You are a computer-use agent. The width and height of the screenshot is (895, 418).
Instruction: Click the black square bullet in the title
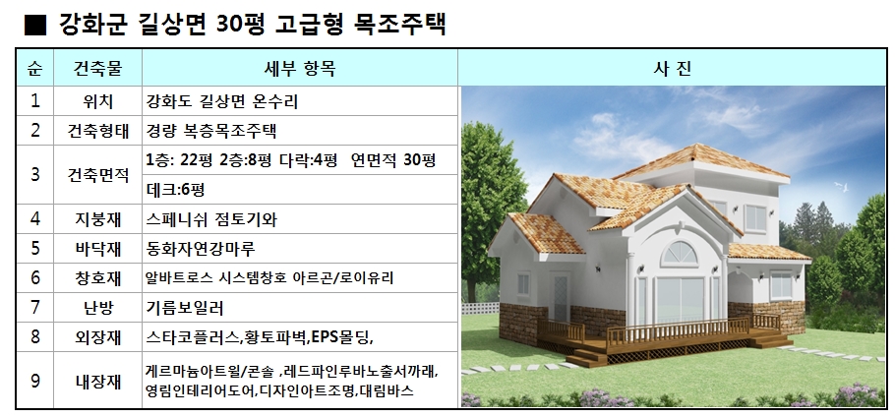[34, 26]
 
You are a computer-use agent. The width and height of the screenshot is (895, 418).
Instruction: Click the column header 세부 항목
[300, 69]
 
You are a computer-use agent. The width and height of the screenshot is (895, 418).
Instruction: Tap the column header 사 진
[672, 69]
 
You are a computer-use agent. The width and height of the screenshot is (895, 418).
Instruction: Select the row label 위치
[97, 101]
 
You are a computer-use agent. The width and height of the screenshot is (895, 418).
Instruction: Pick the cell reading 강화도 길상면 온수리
[222, 101]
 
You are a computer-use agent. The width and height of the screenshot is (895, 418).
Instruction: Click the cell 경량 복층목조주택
[211, 131]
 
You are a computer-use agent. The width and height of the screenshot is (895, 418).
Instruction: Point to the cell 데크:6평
[175, 190]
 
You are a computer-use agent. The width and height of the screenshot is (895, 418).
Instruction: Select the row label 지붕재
[97, 219]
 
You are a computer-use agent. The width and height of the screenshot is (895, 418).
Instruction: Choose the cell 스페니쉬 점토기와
[211, 219]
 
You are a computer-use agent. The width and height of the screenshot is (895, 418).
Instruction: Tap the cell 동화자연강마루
[201, 249]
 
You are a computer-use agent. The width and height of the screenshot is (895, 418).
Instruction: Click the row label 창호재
[97, 278]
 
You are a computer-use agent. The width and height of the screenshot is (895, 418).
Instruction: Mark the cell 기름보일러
[185, 308]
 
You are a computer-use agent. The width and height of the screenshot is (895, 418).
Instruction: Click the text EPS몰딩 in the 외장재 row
[341, 337]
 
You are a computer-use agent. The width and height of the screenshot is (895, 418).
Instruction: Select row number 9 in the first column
[35, 381]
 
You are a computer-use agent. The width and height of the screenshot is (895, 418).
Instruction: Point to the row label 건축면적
[97, 175]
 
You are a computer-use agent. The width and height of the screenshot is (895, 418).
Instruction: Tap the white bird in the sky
[841, 186]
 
